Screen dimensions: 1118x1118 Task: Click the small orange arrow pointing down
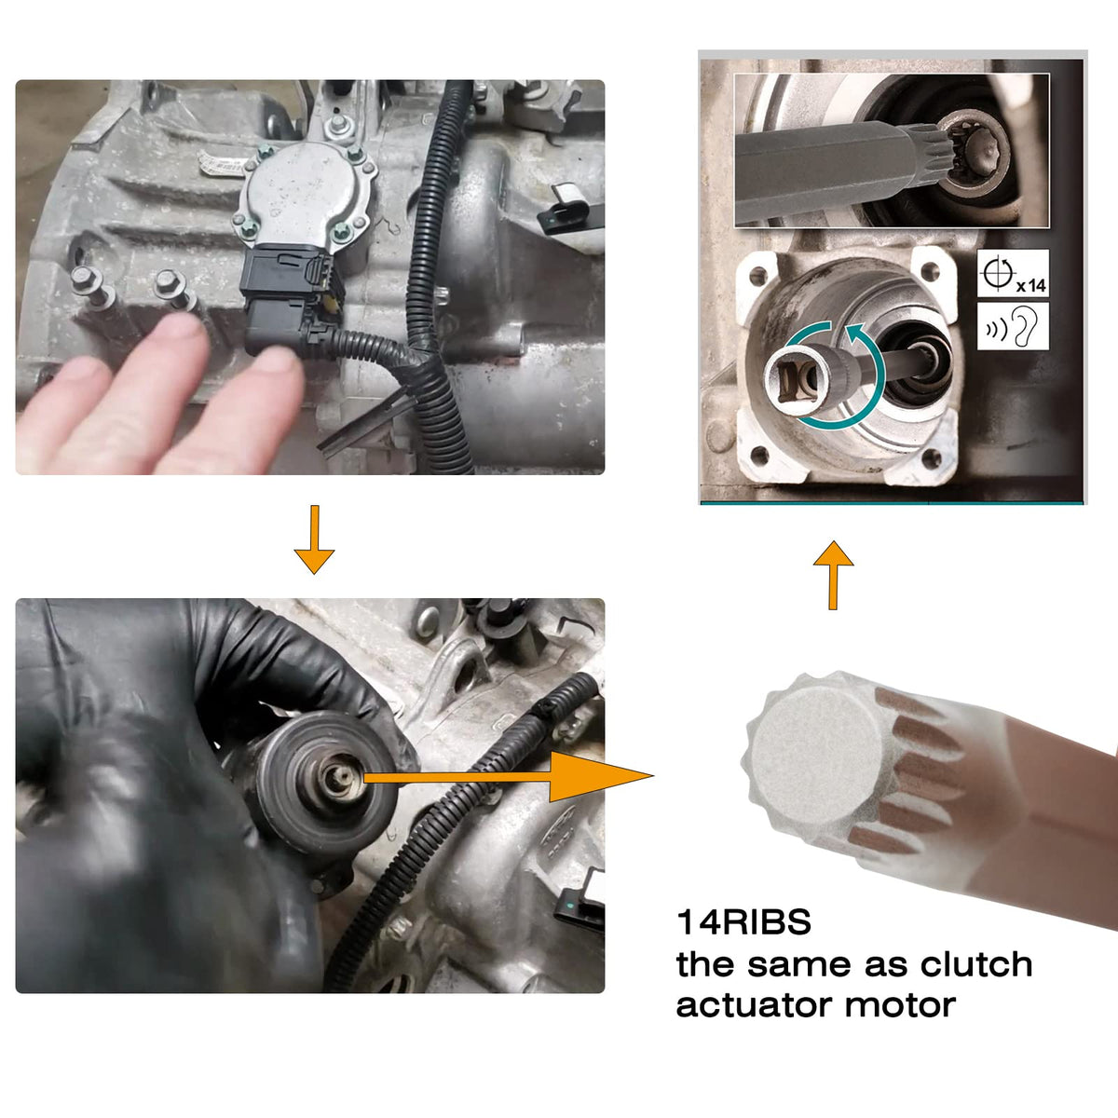coord(314,539)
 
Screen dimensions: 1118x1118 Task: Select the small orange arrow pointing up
coord(833,575)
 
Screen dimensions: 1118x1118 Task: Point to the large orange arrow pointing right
coord(509,777)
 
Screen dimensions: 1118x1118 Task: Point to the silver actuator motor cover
coord(307,193)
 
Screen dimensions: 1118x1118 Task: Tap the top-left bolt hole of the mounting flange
coord(758,276)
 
